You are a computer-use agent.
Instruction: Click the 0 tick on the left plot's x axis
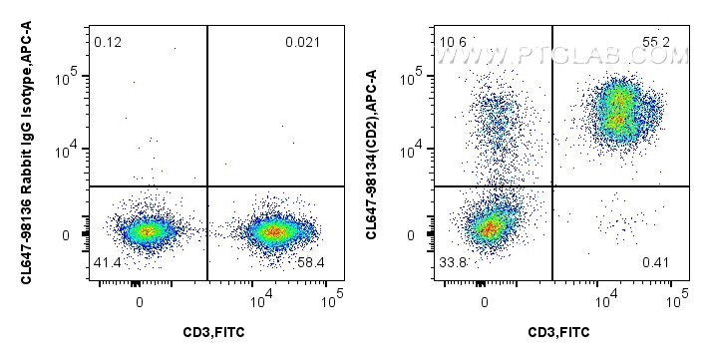(x=140, y=299)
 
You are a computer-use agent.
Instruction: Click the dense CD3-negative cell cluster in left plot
(x=146, y=231)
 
